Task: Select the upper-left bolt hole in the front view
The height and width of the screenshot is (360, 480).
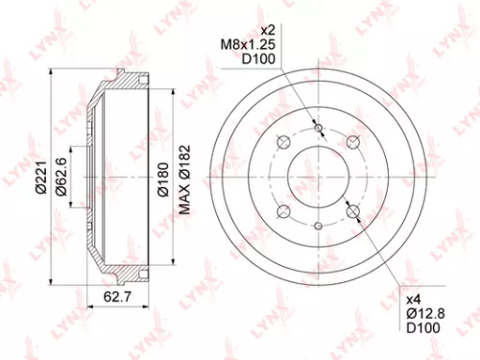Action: [283, 142]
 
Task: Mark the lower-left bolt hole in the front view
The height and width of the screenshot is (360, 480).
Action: [283, 212]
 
